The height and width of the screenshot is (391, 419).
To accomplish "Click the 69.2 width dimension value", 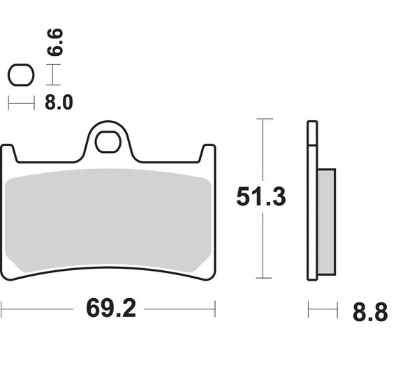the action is [x=111, y=308].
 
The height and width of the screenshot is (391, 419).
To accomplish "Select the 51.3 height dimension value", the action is [x=261, y=197].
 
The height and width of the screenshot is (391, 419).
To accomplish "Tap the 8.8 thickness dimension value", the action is [x=370, y=312].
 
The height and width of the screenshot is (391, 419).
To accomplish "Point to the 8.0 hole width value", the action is [x=59, y=103].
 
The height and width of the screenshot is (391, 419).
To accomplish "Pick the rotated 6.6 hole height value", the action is [x=55, y=42].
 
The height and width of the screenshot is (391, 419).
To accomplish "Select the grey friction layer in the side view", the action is [x=326, y=222].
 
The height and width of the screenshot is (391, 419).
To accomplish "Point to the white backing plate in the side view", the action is [x=312, y=200].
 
